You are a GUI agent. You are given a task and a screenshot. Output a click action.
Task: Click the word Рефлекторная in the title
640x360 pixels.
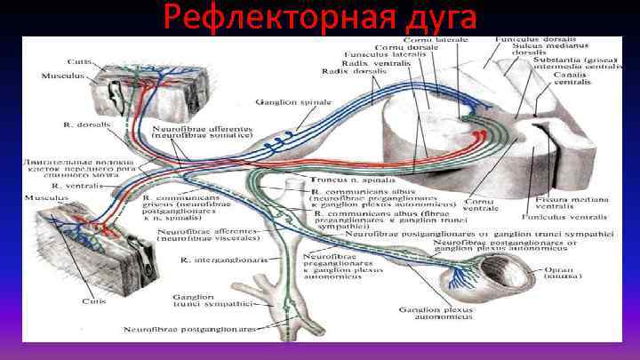click(257, 18)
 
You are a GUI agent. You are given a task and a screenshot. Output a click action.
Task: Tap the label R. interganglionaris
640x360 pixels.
click(213, 261)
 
